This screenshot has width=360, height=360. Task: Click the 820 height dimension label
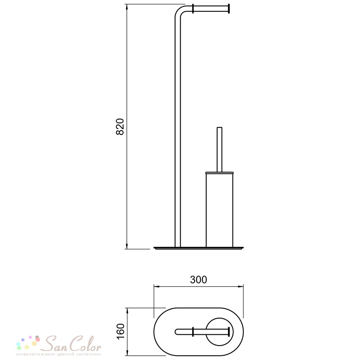click(x=120, y=126)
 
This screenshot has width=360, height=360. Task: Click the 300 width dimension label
click(x=198, y=280)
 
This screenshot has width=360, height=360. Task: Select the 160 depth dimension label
click(x=121, y=331)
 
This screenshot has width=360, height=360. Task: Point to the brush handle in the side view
click(x=220, y=149)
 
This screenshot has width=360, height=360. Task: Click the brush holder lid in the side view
click(x=220, y=173)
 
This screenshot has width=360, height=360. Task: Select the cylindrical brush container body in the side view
click(x=220, y=210)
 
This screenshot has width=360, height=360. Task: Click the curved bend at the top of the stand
click(x=179, y=10)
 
